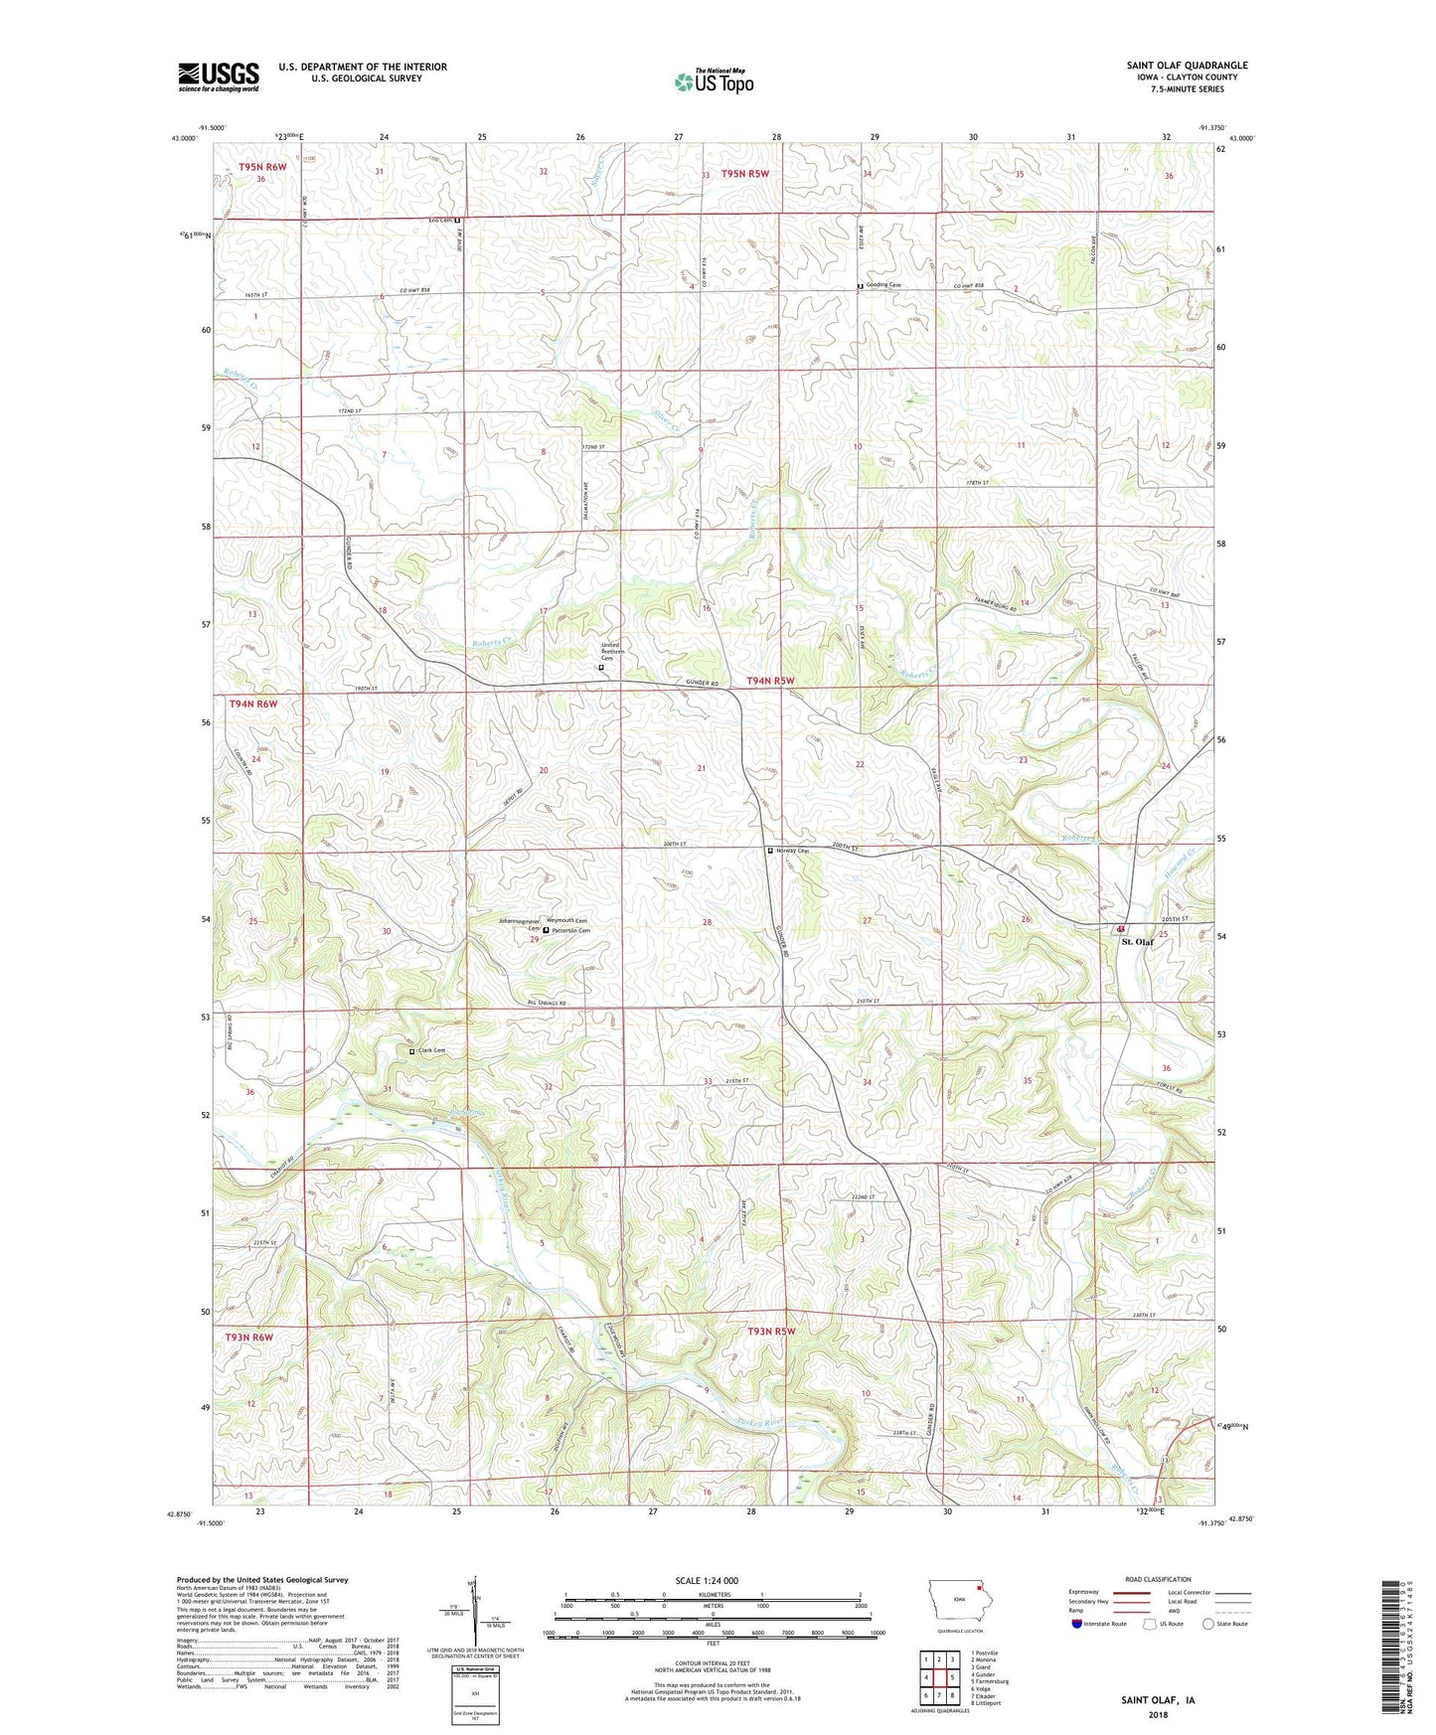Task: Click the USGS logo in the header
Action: (218, 77)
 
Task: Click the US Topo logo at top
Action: (714, 81)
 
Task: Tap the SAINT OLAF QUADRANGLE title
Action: (1187, 66)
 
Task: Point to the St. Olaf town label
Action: (1137, 941)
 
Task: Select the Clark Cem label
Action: (431, 1050)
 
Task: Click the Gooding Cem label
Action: (882, 285)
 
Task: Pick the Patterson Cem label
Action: (571, 930)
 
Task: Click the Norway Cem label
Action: (792, 851)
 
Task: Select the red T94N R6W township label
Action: (253, 704)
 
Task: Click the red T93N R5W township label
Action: (772, 1330)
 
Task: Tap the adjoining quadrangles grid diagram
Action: (939, 1677)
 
